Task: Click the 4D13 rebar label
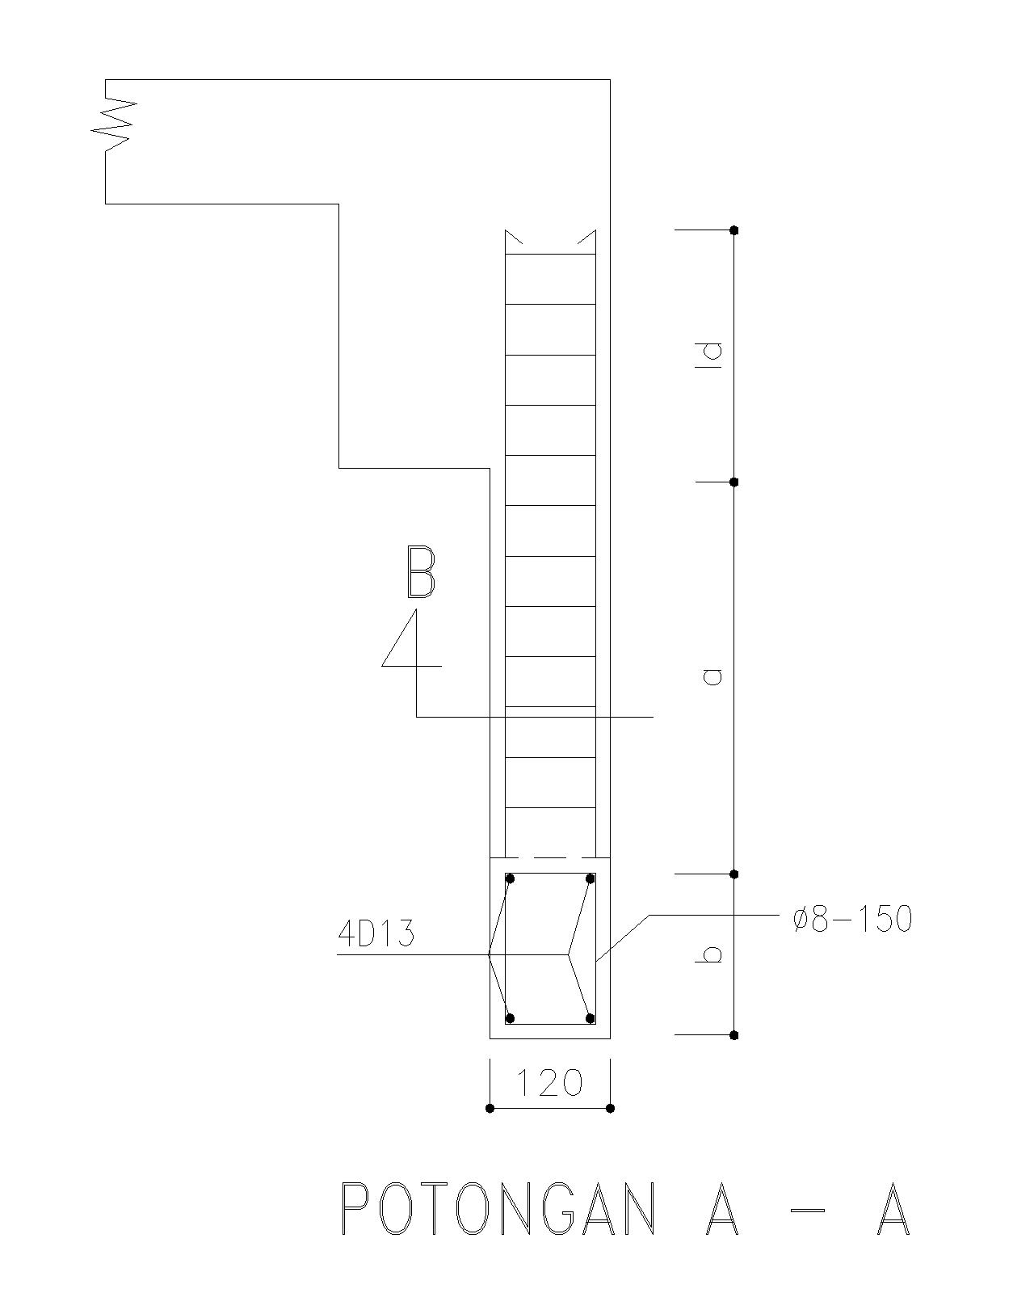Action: [376, 934]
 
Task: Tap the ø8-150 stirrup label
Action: [852, 920]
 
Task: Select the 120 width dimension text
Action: [549, 1083]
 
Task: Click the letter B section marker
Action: [420, 573]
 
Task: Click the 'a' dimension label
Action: [712, 676]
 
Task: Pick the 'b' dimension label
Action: [711, 954]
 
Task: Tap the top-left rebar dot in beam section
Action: [510, 878]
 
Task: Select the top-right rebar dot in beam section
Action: [591, 878]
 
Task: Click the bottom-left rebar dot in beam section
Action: [510, 1018]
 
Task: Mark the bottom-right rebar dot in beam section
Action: [591, 1018]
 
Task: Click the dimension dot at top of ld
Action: [734, 230]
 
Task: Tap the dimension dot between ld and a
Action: [734, 482]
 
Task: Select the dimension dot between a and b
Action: [734, 874]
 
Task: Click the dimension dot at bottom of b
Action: [734, 1035]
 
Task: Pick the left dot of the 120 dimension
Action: [490, 1108]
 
